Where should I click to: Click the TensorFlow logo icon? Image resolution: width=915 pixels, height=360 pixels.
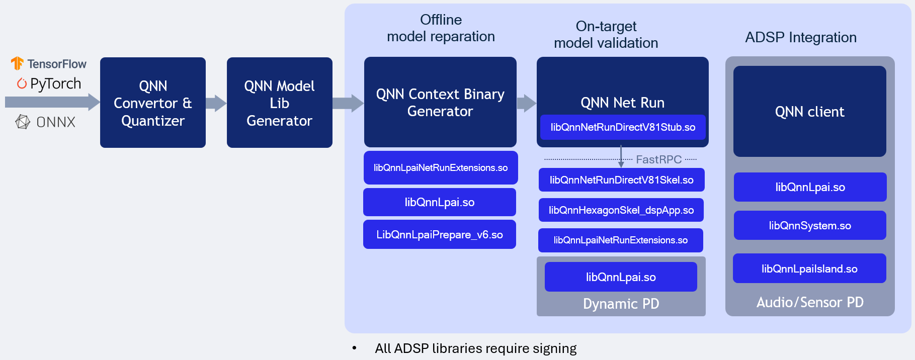pos(17,63)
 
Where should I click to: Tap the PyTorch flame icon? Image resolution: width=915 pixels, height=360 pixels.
pos(22,83)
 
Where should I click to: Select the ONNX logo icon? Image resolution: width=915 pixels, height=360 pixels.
pos(23,122)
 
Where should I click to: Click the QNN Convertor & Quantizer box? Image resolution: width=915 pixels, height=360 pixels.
pos(153,103)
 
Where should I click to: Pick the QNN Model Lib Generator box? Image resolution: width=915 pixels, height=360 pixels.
pos(279,103)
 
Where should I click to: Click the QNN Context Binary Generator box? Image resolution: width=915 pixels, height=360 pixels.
pos(440,102)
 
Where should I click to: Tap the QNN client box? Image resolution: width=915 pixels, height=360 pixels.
pos(809,112)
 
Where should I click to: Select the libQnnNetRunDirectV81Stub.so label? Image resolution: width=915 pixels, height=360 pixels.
pos(623,127)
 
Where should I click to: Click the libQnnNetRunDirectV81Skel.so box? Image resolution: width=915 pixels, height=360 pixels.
pos(621,180)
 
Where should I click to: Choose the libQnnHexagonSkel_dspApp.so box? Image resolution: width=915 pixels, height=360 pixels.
pos(621,210)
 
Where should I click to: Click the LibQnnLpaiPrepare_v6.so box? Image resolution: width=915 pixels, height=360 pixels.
pos(439,235)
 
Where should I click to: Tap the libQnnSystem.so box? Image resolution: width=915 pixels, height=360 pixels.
pos(809,226)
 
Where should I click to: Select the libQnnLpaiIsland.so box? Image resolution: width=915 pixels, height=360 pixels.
pos(809,269)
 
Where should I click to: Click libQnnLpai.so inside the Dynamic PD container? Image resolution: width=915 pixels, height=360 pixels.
pos(621,277)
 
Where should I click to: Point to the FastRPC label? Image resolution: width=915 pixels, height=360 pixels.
pos(658,159)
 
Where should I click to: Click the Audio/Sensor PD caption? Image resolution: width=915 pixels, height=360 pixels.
pos(809,302)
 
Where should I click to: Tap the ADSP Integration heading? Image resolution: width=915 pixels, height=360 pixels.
pos(800,37)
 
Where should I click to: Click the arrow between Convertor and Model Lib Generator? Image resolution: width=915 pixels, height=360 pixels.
pos(216,103)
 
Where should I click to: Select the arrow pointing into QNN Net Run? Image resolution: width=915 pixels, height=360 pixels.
pos(526,103)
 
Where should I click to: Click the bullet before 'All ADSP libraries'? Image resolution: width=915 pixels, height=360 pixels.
pos(354,348)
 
